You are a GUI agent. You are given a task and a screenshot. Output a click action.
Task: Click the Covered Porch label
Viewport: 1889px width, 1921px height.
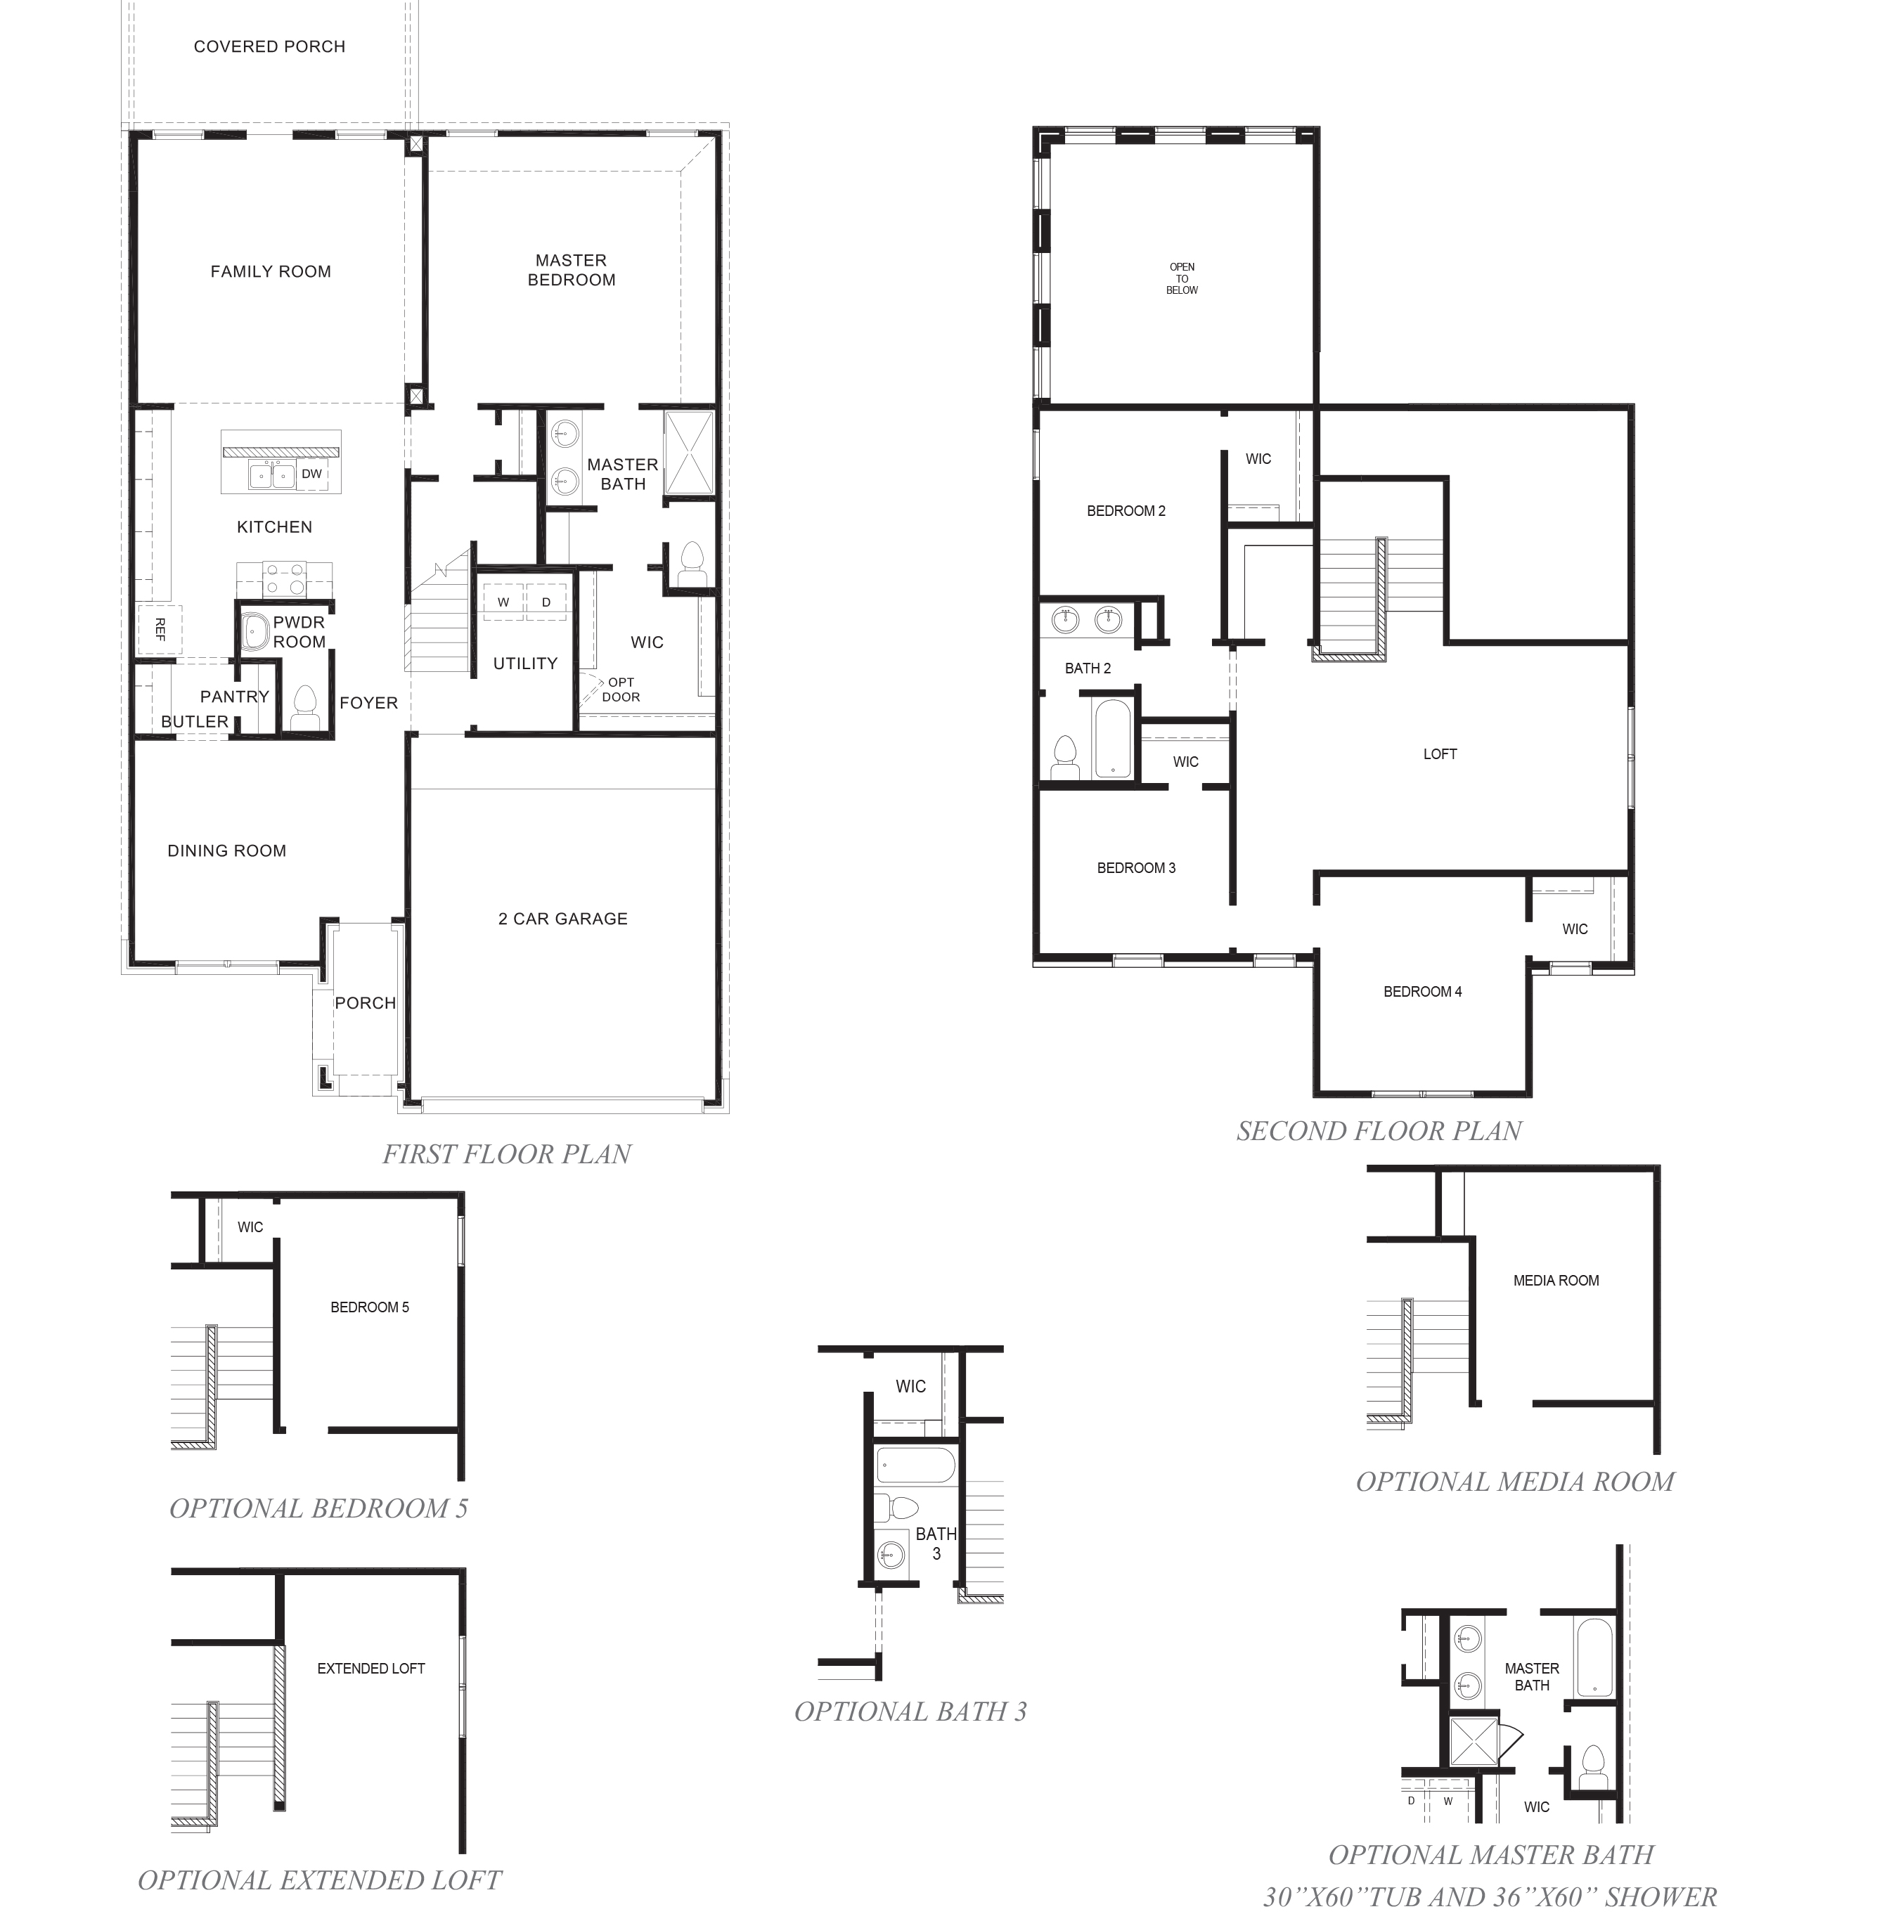pos(269,46)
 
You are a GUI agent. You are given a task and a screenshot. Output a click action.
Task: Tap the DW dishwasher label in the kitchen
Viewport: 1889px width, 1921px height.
pos(311,474)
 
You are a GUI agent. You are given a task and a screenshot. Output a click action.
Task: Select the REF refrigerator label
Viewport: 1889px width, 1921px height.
pos(160,629)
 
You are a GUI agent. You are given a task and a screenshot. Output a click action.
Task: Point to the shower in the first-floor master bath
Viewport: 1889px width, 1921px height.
pos(688,451)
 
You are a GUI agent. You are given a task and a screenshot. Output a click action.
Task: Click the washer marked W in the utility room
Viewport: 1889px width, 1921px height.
pos(503,602)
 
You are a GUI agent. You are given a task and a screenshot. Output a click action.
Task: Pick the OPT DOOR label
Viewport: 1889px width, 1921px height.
pos(621,690)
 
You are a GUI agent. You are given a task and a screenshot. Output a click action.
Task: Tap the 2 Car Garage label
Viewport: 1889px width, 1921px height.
pos(562,919)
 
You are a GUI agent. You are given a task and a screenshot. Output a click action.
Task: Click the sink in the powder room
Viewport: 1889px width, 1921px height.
pos(256,630)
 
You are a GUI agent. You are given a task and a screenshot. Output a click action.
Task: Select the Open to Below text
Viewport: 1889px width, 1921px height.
pos(1182,278)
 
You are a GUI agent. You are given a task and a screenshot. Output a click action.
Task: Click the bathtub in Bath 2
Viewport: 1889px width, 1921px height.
pos(1112,739)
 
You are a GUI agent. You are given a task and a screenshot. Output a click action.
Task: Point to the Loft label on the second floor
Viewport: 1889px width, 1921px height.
pos(1440,753)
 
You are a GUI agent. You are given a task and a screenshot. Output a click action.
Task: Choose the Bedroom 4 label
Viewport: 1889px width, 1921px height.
pos(1421,992)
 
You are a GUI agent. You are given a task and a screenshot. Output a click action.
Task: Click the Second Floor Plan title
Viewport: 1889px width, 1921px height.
pos(1378,1130)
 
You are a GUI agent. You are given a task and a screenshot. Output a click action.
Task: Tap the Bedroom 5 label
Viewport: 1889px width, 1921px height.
pos(369,1307)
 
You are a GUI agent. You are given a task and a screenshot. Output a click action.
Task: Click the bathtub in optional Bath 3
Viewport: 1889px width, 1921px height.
pos(916,1465)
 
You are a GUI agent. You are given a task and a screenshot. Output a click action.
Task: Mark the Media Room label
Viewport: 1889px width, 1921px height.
pos(1556,1281)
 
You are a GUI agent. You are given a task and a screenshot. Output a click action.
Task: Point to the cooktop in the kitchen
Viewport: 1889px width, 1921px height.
pos(285,578)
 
